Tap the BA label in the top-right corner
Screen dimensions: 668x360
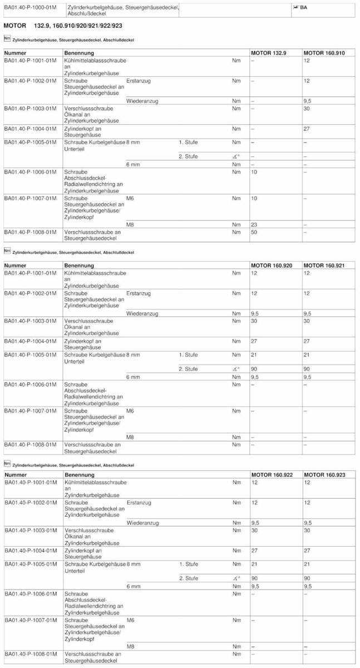click(303, 7)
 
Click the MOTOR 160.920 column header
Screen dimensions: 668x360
click(271, 266)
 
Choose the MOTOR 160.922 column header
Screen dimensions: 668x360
click(271, 474)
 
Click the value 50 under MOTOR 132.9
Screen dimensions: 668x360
click(254, 232)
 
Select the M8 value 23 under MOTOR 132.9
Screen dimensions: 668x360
click(254, 224)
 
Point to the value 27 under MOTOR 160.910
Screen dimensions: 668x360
click(307, 129)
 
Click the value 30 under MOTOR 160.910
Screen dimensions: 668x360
click(307, 109)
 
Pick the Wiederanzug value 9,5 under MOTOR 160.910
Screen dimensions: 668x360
click(307, 101)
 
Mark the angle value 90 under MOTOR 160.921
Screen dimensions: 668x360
click(307, 369)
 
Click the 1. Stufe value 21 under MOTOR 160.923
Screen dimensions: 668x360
click(307, 564)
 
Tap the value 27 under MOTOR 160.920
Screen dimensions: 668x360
click(254, 341)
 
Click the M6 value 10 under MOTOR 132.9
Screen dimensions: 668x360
click(254, 198)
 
